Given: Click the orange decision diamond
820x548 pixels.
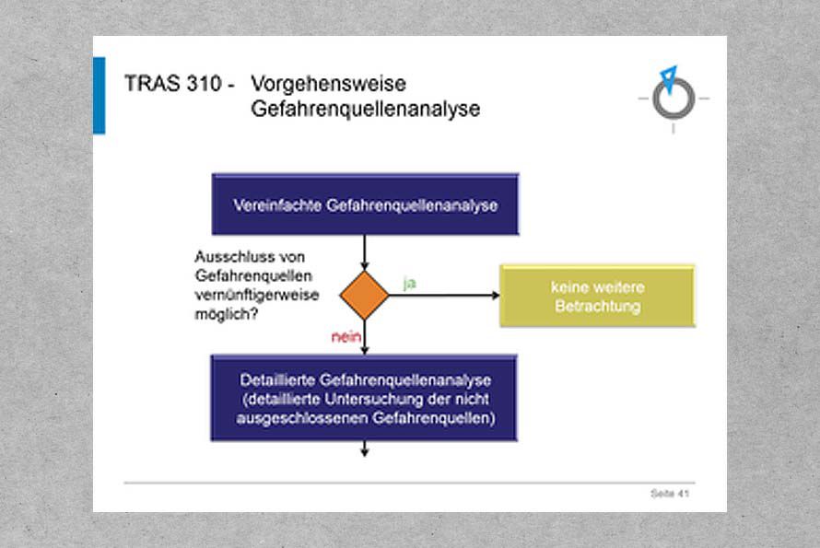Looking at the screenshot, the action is click(364, 295).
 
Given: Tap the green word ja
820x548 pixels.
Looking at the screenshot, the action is click(409, 283).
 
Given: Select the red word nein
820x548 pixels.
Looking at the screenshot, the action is click(346, 337).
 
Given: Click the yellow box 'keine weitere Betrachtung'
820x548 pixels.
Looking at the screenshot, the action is click(597, 296).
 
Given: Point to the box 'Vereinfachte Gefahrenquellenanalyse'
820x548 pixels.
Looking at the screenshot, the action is click(365, 204).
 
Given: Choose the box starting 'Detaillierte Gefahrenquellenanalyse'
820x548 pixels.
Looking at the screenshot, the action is click(364, 399).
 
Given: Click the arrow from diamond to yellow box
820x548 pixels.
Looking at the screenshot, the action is click(444, 296).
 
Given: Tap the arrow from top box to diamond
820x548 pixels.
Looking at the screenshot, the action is click(365, 252).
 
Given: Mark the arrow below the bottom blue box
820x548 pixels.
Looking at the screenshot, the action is click(365, 449).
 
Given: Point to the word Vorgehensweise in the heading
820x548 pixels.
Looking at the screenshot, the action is click(328, 84).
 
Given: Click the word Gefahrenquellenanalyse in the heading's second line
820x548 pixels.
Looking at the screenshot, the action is click(365, 109).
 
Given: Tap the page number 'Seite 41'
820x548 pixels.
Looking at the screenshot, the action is click(670, 493).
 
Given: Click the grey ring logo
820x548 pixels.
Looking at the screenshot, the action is click(674, 99).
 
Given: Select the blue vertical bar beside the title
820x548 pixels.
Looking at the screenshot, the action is click(100, 96).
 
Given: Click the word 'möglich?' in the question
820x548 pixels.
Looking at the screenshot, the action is click(226, 314).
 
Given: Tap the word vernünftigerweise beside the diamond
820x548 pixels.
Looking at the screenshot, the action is click(257, 296).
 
